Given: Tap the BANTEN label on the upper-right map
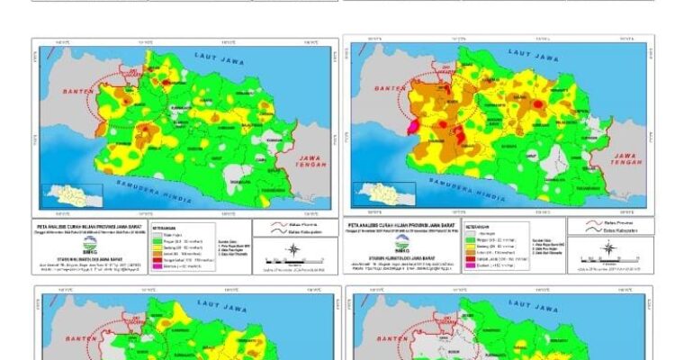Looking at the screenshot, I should pyautogui.click(x=388, y=89).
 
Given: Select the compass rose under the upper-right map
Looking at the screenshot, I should pyautogui.click(x=604, y=252).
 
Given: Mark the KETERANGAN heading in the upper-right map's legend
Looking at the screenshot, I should pyautogui.click(x=478, y=227).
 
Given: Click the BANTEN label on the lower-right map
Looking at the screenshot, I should pyautogui.click(x=385, y=339).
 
